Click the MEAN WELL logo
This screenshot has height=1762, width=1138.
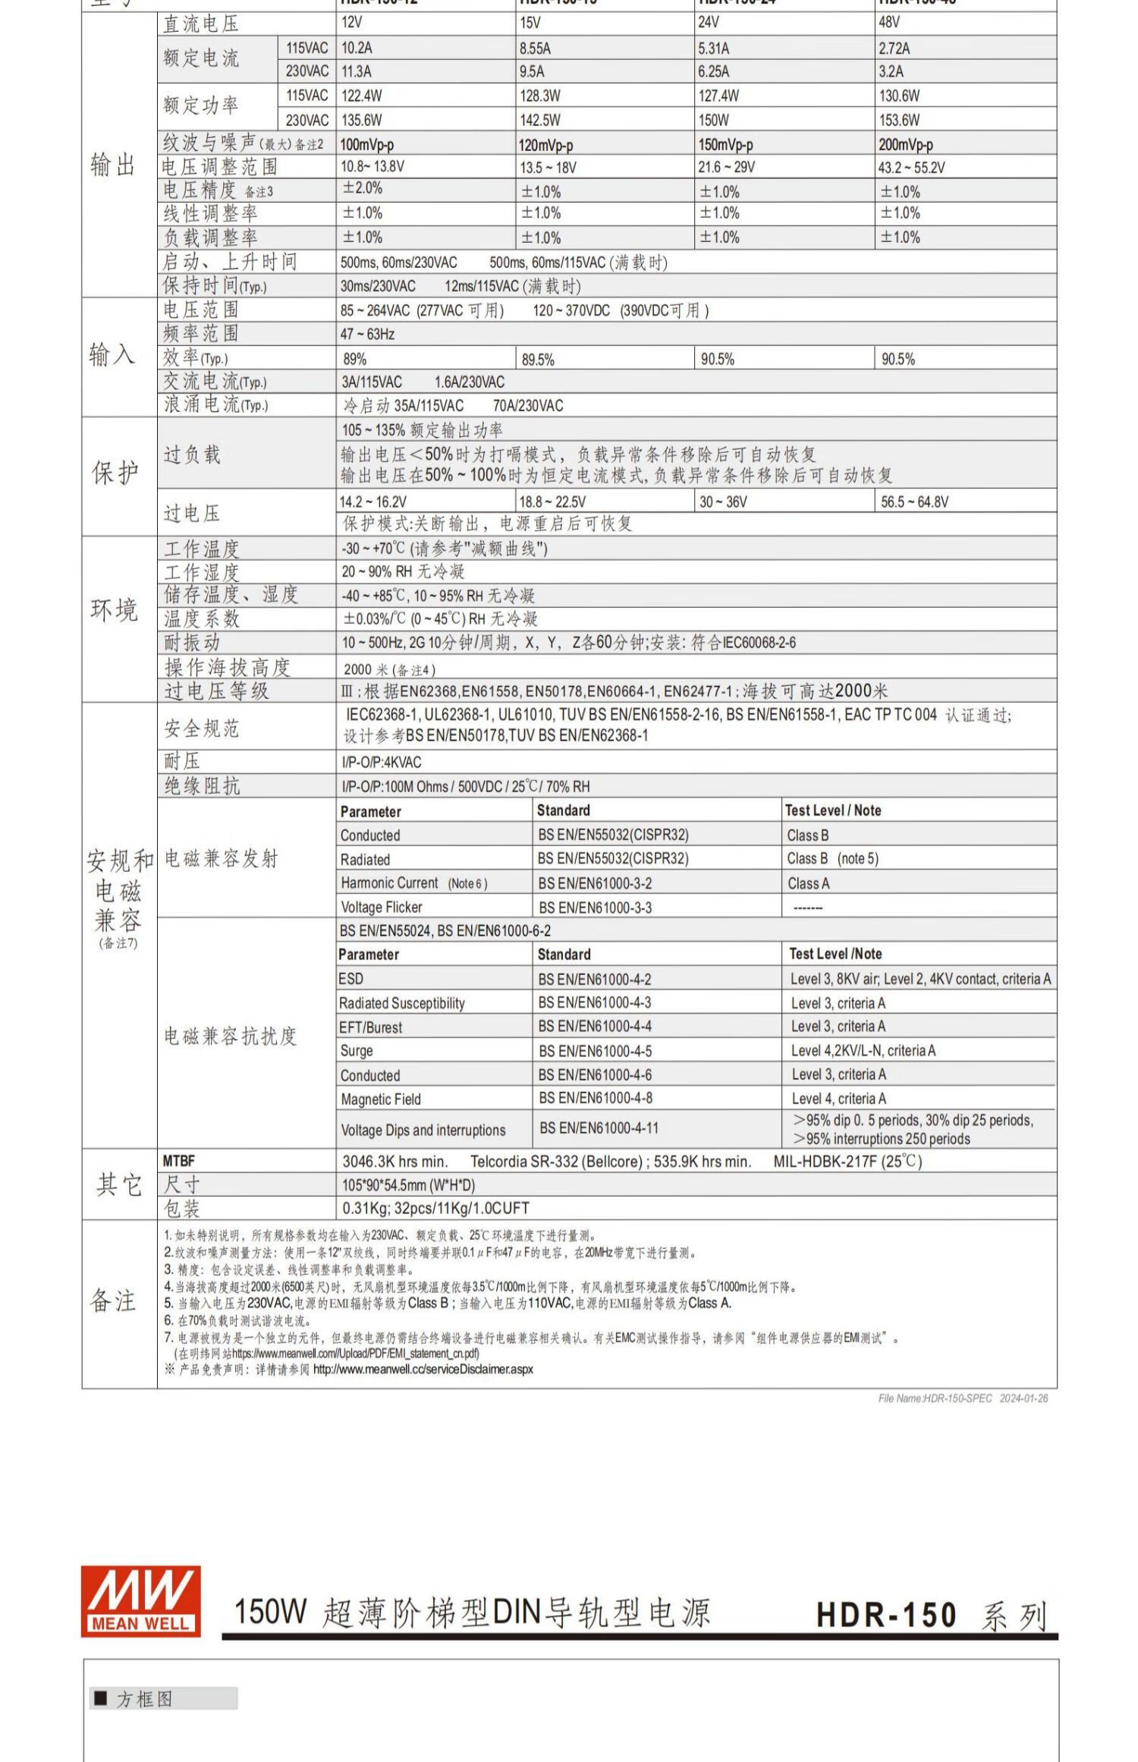pyautogui.click(x=141, y=1600)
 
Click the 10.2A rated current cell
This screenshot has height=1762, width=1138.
pyautogui.click(x=357, y=49)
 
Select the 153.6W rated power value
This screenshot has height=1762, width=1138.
pyautogui.click(x=899, y=120)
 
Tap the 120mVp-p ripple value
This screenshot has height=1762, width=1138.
pyautogui.click(x=545, y=145)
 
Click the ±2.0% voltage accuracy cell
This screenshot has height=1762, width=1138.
pyautogui.click(x=363, y=188)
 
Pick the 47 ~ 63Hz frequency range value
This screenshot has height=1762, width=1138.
pyautogui.click(x=367, y=334)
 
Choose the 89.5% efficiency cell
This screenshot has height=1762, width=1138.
pyautogui.click(x=538, y=359)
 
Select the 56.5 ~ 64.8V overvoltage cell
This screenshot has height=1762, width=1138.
pyautogui.click(x=914, y=502)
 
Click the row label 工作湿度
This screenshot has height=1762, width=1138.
pyautogui.click(x=202, y=571)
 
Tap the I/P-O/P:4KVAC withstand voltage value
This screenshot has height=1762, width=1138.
pyautogui.click(x=382, y=762)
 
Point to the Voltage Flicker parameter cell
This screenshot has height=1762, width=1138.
pyautogui.click(x=382, y=907)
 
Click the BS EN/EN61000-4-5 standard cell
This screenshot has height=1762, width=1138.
pyautogui.click(x=595, y=1051)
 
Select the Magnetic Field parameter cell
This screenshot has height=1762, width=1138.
pyautogui.click(x=381, y=1099)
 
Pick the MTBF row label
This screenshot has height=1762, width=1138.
pyautogui.click(x=179, y=1161)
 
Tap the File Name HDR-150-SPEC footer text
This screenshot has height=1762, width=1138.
pyautogui.click(x=963, y=1398)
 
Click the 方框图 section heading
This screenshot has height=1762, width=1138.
pyautogui.click(x=144, y=1699)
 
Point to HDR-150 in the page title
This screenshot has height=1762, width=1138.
pyautogui.click(x=886, y=1614)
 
